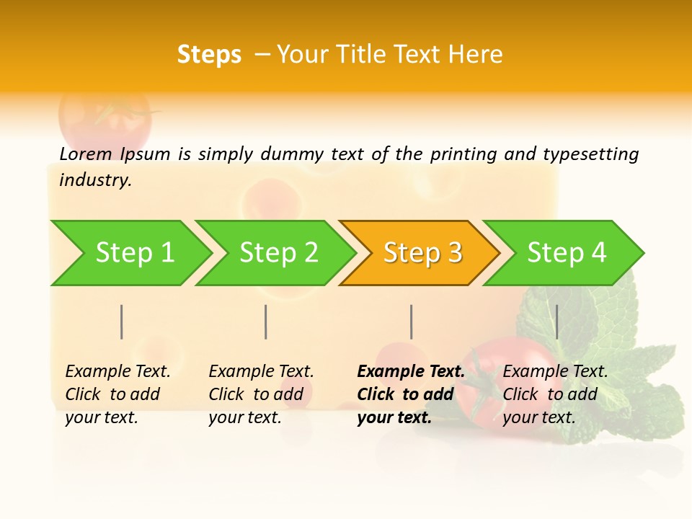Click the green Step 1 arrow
(x=130, y=253)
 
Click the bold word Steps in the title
(x=209, y=55)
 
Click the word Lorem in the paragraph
(x=86, y=154)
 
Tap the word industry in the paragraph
(x=95, y=179)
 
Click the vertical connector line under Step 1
(x=121, y=321)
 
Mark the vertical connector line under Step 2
(x=265, y=321)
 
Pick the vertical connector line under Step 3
(x=411, y=321)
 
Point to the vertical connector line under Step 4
(x=556, y=321)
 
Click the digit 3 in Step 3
(x=454, y=253)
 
